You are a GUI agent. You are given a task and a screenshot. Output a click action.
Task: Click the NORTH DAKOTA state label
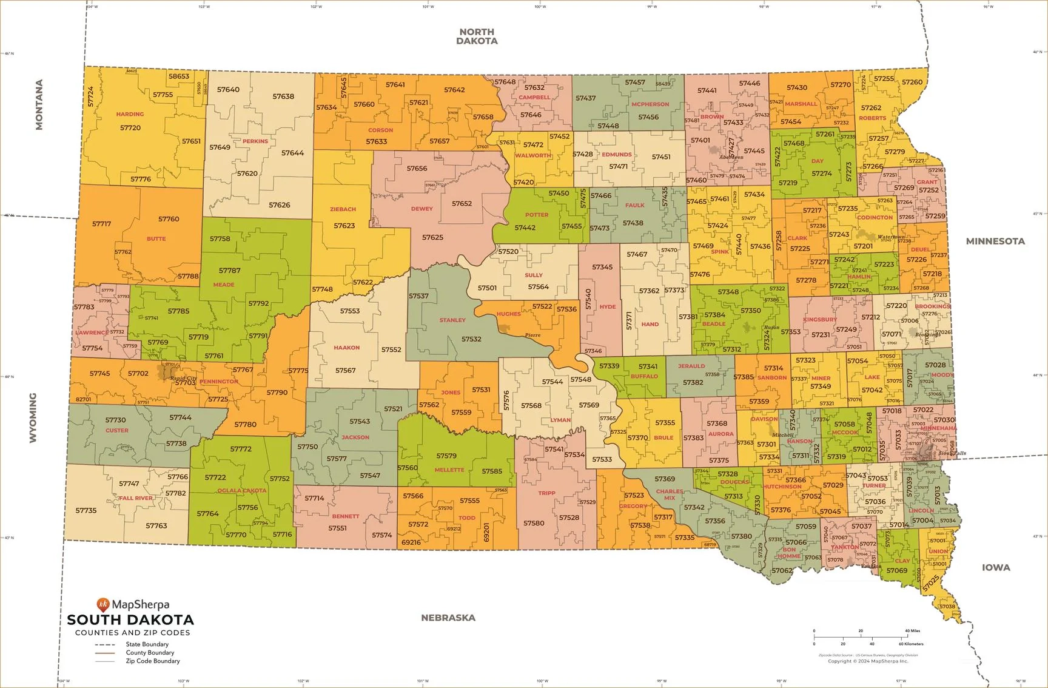(x=477, y=36)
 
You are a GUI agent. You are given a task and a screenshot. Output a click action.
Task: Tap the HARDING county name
(x=130, y=114)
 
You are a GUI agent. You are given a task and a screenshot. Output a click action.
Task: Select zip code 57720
(x=130, y=128)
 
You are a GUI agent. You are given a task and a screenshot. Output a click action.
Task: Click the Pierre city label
(x=532, y=335)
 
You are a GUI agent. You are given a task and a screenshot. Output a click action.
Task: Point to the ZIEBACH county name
(x=343, y=209)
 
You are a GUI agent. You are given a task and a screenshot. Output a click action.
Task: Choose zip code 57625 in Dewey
(x=432, y=237)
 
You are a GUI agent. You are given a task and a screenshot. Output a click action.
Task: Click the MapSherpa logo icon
(x=102, y=604)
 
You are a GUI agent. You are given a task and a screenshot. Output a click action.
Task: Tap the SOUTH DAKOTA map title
(x=130, y=620)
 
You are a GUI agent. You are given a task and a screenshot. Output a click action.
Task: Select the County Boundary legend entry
(x=149, y=653)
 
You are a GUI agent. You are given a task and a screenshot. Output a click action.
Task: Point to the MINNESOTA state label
(x=995, y=241)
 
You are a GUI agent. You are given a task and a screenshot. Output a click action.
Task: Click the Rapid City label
(x=183, y=378)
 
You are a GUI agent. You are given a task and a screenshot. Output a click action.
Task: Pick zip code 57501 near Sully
(x=487, y=288)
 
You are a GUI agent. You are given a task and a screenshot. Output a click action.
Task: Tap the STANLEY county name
(x=452, y=320)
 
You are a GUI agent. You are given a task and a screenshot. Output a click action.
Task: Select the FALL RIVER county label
(x=136, y=498)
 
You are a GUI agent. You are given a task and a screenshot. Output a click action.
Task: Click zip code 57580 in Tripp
(x=534, y=523)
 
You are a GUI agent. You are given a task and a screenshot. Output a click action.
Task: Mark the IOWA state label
(x=996, y=567)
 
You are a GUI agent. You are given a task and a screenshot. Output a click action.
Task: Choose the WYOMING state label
(x=33, y=417)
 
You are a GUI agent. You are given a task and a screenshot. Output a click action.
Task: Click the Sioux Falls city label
(x=952, y=453)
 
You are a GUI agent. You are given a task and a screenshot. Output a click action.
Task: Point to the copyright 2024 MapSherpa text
(x=868, y=661)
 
